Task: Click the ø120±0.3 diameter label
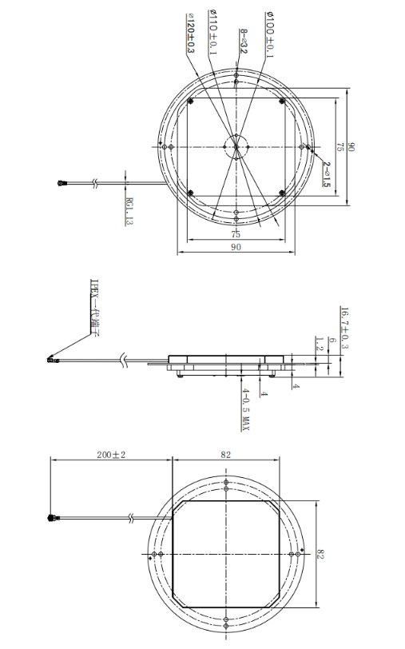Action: pyautogui.click(x=190, y=33)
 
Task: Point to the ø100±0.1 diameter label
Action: pyautogui.click(x=268, y=34)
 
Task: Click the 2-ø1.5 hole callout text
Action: pyautogui.click(x=327, y=173)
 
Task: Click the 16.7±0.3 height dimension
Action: pyautogui.click(x=344, y=328)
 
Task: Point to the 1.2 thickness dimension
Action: pyautogui.click(x=318, y=344)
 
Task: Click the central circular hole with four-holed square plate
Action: pyautogui.click(x=236, y=145)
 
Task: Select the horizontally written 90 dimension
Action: pyautogui.click(x=236, y=249)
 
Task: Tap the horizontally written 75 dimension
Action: pyautogui.click(x=236, y=234)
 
